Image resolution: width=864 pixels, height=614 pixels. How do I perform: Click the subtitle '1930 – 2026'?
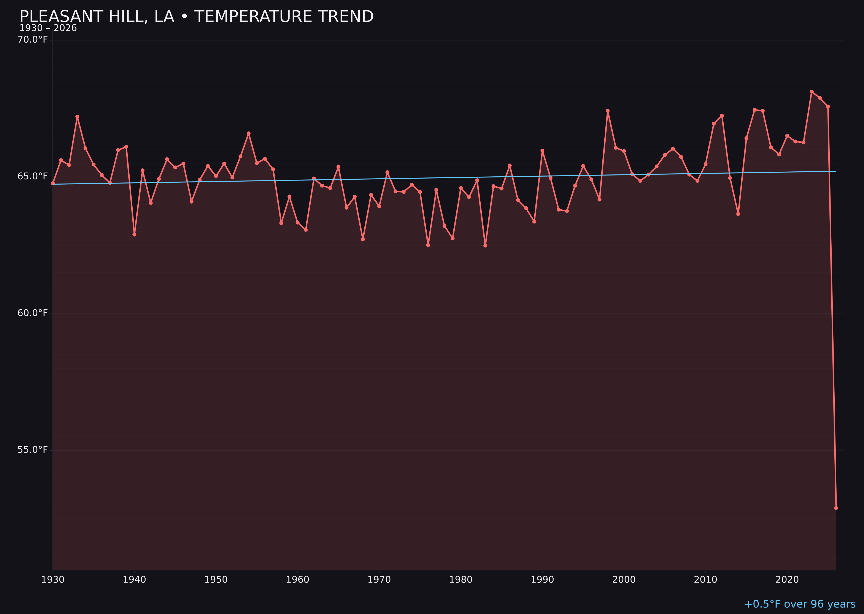48,28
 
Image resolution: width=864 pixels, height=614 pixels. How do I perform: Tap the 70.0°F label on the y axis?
33,40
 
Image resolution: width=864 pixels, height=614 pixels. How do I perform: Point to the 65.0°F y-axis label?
33,177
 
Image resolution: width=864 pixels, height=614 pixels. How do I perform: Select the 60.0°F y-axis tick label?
33,313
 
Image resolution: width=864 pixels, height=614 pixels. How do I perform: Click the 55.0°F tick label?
33,449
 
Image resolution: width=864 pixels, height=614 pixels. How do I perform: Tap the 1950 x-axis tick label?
216,580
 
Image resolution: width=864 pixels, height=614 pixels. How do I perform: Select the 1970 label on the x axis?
379,580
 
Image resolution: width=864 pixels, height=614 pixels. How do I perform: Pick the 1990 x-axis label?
542,580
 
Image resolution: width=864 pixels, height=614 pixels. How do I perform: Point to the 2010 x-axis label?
705,580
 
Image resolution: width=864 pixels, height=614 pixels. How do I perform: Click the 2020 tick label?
787,580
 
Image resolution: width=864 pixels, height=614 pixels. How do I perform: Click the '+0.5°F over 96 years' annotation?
800,604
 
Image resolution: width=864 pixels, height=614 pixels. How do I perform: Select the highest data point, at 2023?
812,92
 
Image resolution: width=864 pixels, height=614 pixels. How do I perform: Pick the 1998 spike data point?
608,111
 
